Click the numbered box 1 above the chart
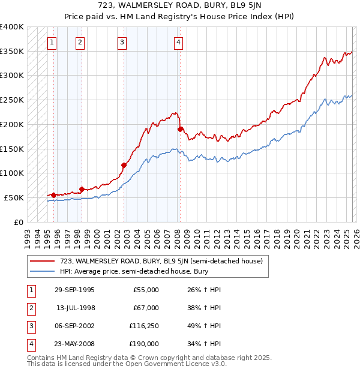tap(53, 42)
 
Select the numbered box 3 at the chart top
tap(122, 42)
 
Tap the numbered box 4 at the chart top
tap(179, 42)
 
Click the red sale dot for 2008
tap(180, 129)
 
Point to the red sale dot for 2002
tap(124, 165)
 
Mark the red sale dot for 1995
tap(54, 195)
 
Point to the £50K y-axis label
tap(14, 197)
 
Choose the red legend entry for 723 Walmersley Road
tap(161, 261)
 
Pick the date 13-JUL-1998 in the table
tap(76, 308)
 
